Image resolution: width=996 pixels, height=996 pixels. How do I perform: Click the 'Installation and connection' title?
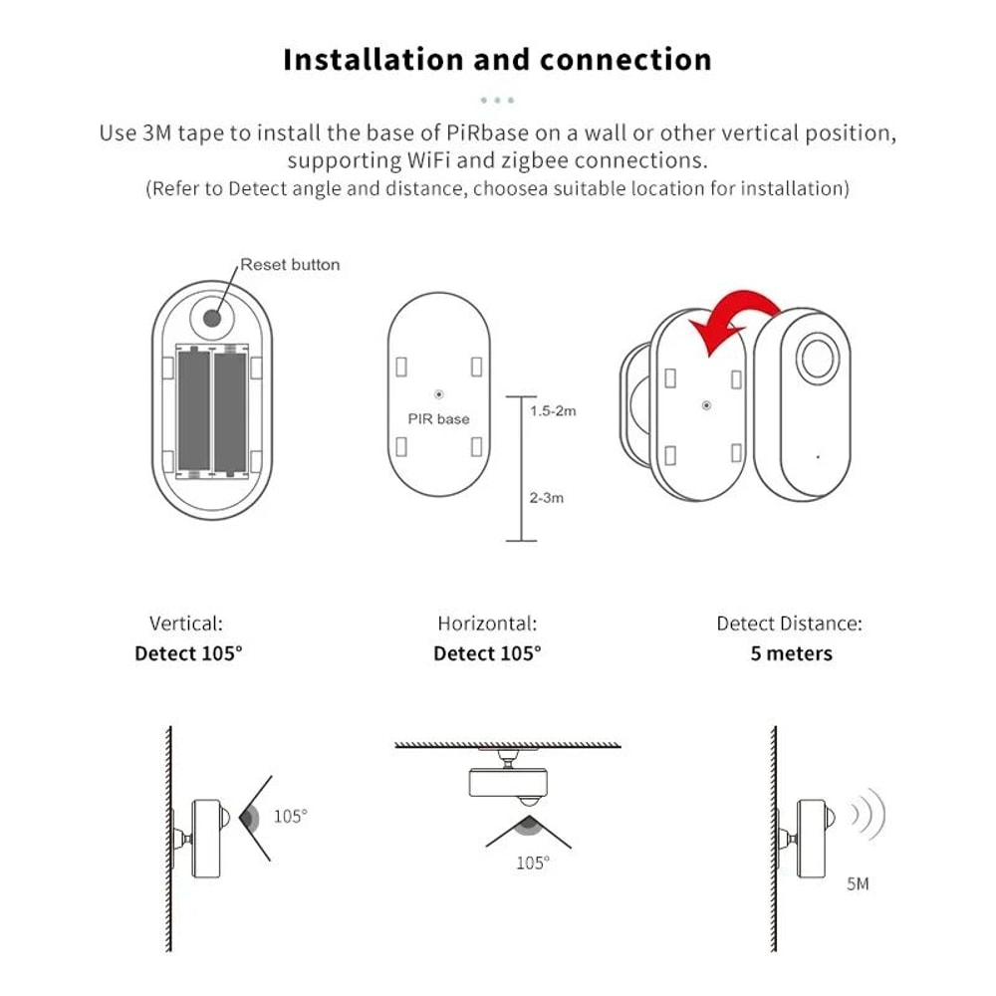click(497, 59)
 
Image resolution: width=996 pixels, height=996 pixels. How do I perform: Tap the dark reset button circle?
click(212, 318)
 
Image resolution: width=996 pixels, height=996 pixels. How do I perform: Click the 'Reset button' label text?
click(290, 265)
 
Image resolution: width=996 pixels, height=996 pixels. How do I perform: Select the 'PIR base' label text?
click(438, 418)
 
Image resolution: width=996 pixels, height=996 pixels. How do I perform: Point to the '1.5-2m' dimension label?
click(553, 411)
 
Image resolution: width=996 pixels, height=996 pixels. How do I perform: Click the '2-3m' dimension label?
click(546, 497)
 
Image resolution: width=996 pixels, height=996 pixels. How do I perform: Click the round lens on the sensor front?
click(819, 357)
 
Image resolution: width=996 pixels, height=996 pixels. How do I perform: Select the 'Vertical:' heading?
click(186, 624)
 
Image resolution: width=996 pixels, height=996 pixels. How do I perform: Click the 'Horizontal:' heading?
click(487, 624)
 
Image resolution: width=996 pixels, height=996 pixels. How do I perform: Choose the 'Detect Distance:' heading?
click(789, 624)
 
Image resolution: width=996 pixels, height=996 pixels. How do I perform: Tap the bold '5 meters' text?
click(791, 654)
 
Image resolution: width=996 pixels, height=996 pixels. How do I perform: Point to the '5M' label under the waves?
click(857, 882)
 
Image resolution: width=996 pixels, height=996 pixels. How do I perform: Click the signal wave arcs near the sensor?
click(868, 814)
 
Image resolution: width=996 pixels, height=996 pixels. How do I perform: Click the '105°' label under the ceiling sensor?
click(532, 864)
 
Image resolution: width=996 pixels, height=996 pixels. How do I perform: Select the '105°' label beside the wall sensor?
click(290, 817)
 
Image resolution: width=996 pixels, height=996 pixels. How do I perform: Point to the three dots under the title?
click(497, 101)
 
